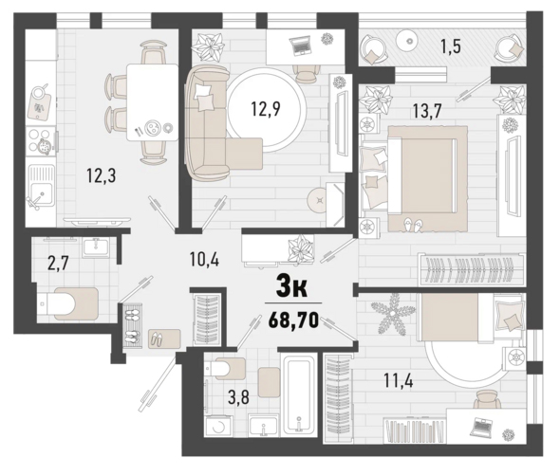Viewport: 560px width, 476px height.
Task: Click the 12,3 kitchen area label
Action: coord(102,176)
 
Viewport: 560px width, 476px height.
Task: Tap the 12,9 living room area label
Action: coord(266,108)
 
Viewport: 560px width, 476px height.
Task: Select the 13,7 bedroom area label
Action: coord(427,111)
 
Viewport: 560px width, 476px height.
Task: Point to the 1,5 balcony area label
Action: coord(451,46)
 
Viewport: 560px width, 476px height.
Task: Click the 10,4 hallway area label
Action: coord(204,260)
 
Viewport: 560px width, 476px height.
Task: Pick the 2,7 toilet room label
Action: coord(58,265)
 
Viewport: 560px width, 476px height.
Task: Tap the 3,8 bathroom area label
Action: coord(238,397)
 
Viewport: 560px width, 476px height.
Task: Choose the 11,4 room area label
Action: coord(399,380)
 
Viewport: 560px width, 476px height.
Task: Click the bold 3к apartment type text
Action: coord(291,288)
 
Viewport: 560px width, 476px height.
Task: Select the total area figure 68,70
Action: coord(293,320)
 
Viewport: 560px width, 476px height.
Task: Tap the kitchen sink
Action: coord(41,186)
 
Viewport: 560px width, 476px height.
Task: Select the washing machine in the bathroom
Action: coord(219,427)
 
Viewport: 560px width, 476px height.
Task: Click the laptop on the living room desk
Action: coord(300,46)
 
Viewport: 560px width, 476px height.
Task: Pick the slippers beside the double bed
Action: coord(413,225)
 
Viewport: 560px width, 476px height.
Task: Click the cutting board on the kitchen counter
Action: coord(39,106)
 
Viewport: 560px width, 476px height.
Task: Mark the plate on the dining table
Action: coord(153,127)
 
